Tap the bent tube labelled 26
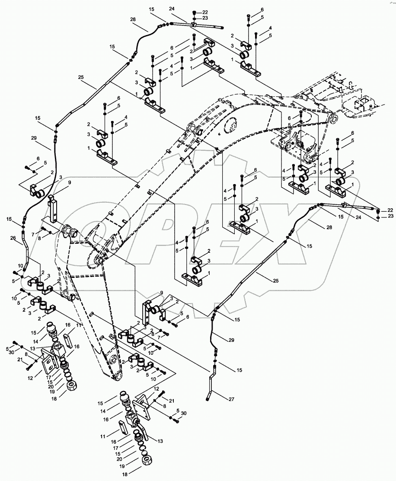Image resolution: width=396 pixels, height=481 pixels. pyautogui.click(x=27, y=255)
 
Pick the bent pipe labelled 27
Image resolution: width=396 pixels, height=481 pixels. pyautogui.click(x=211, y=385)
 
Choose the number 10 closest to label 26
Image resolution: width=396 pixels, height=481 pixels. pyautogui.click(x=20, y=265)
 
